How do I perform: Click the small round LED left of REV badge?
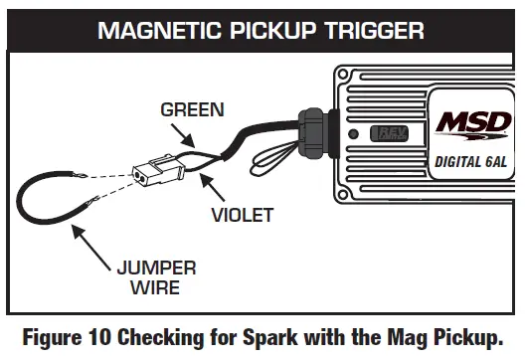pyautogui.click(x=353, y=133)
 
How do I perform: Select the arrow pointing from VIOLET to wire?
pyautogui.click(x=212, y=186)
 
